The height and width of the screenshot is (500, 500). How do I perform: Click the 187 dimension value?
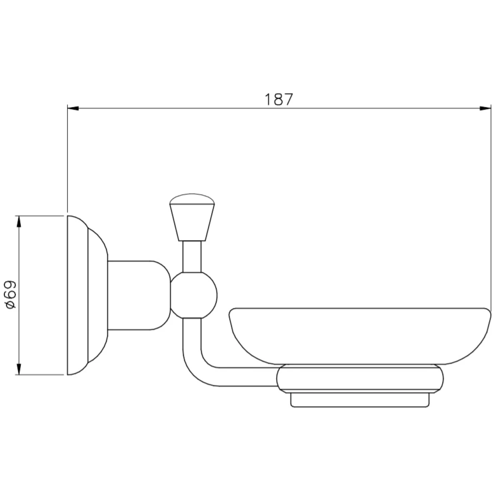[x=279, y=99]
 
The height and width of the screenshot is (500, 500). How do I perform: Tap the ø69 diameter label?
[x=11, y=295]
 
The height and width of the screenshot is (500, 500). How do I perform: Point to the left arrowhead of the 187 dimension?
[x=73, y=108]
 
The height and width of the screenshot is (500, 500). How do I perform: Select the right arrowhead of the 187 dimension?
[x=485, y=108]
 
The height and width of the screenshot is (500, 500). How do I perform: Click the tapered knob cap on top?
[x=192, y=217]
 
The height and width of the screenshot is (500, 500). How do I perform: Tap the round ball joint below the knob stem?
[x=194, y=295]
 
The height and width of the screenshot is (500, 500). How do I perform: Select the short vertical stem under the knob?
[x=192, y=257]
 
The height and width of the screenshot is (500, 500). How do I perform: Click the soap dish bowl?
[x=360, y=337]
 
